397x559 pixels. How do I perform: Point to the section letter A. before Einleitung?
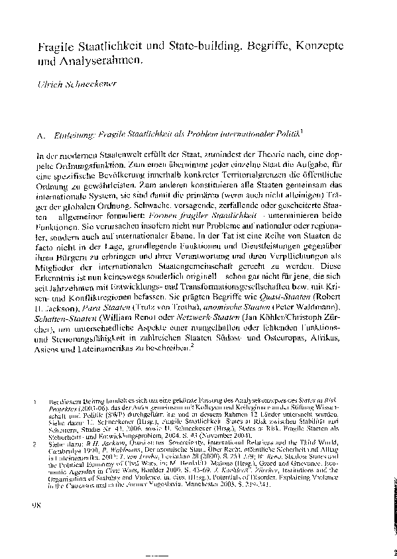[42, 134]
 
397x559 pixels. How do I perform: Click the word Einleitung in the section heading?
[74, 134]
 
